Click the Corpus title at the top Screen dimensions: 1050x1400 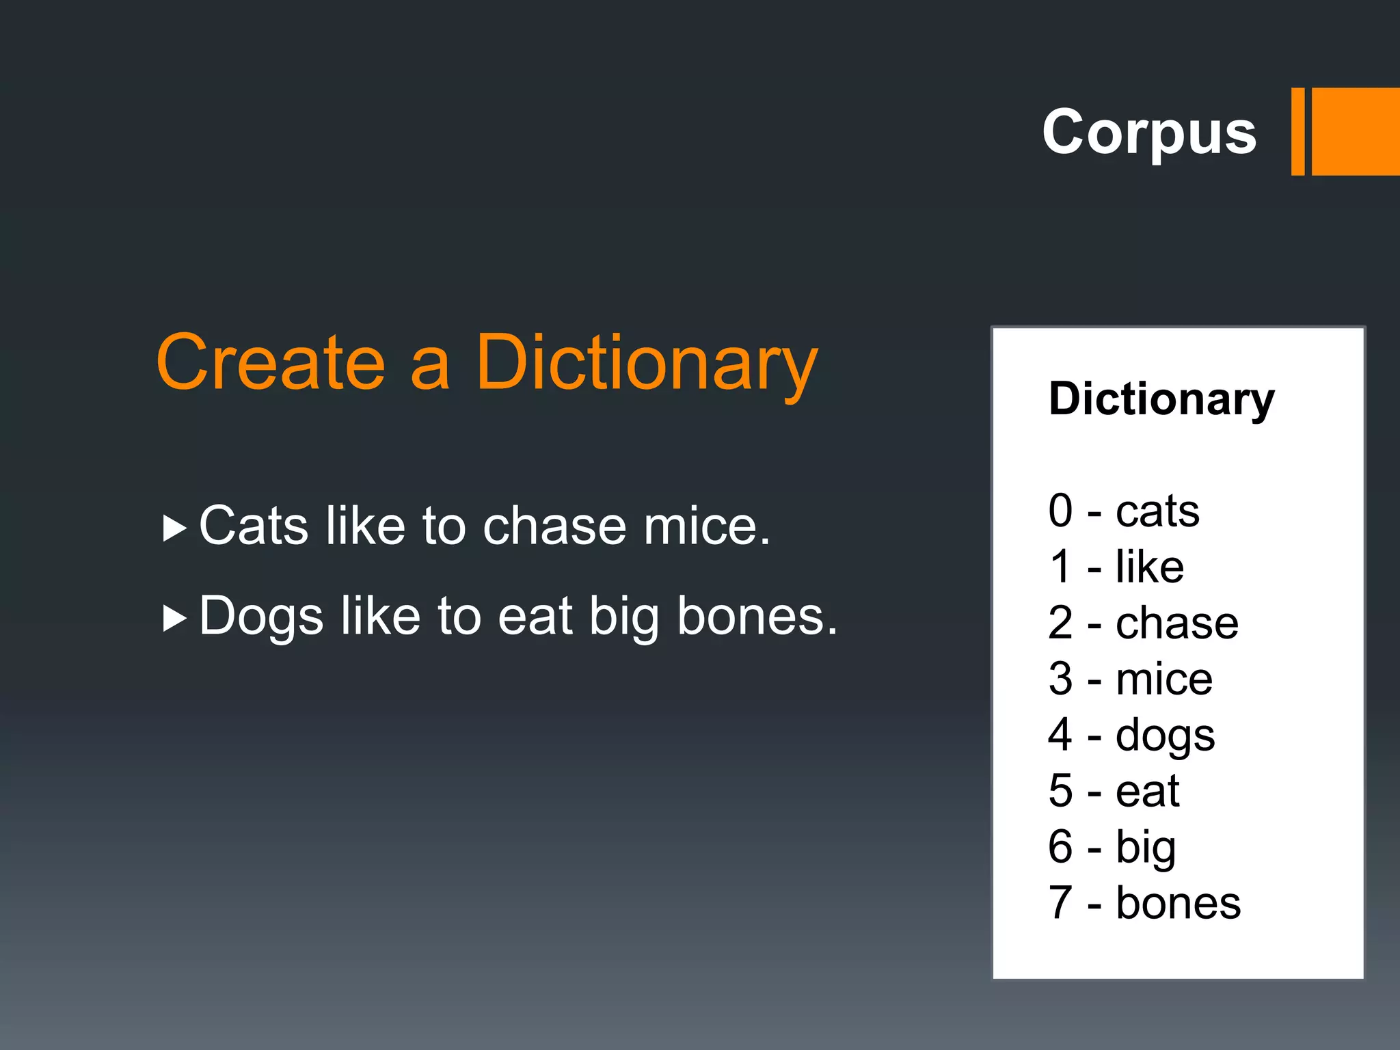coord(1148,132)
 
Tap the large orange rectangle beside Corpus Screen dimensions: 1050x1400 coord(1356,132)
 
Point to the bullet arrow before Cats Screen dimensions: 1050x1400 coord(175,528)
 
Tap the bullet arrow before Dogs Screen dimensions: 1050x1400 coord(175,619)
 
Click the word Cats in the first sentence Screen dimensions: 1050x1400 coord(254,526)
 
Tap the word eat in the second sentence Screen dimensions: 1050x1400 coord(535,616)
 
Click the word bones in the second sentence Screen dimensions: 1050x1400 coord(756,616)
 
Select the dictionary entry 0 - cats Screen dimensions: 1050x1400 coord(1123,511)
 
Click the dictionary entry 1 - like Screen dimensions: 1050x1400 coord(1116,567)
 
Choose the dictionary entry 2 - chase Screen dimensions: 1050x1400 coord(1142,623)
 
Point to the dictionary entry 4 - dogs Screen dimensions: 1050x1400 coord(1131,736)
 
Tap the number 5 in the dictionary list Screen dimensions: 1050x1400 coord(1060,791)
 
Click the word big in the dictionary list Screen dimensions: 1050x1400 coord(1146,848)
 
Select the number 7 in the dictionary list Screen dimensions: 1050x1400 coord(1060,903)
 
